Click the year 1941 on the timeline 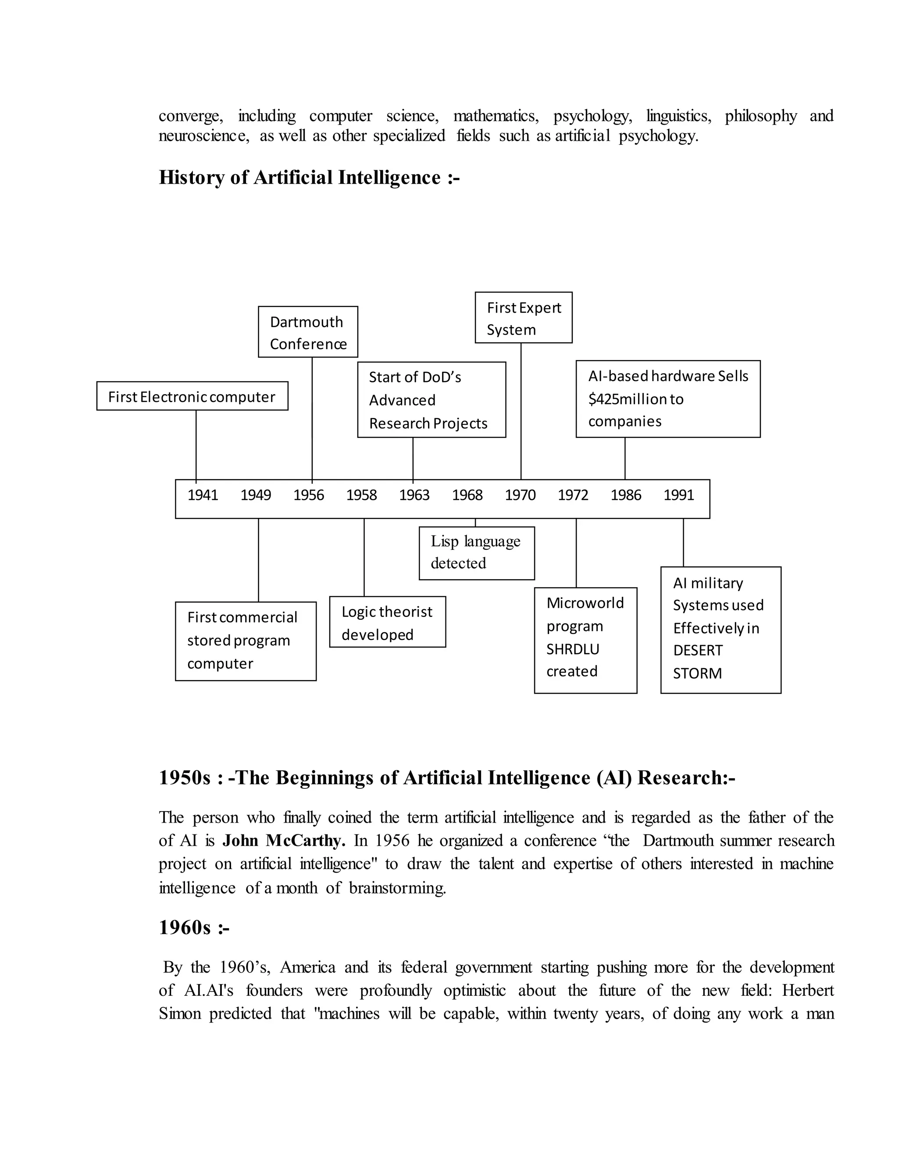point(203,495)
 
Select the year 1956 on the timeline point(309,495)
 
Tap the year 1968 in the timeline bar point(467,495)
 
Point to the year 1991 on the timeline point(678,495)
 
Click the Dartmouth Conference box point(308,332)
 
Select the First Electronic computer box point(192,396)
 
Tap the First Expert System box point(524,317)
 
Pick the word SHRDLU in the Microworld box point(572,649)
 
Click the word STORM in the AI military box point(697,674)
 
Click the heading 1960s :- point(194,927)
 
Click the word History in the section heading point(192,177)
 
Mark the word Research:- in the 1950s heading point(686,778)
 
